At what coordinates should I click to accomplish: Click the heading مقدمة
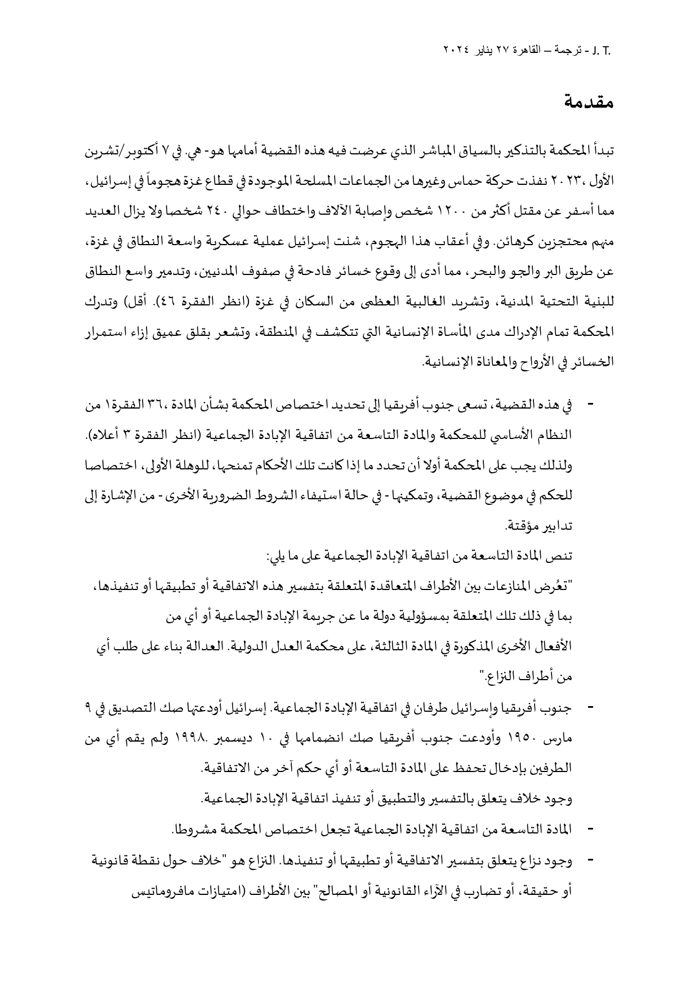point(588,103)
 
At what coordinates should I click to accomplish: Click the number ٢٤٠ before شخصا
point(225,214)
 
